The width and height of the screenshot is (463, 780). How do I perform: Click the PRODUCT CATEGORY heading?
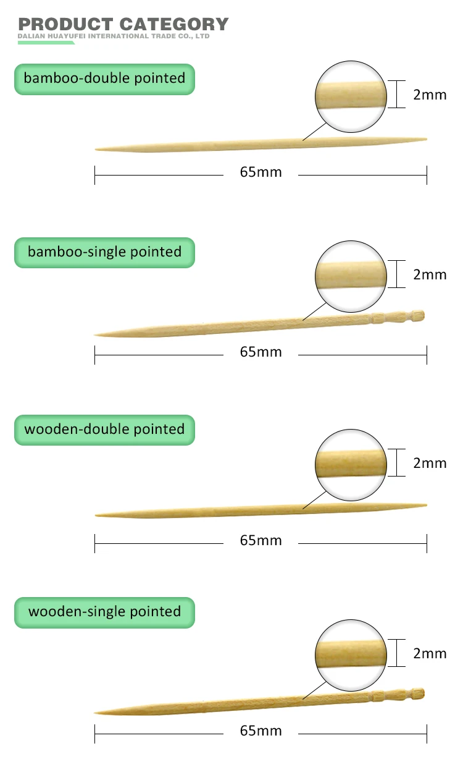point(123,24)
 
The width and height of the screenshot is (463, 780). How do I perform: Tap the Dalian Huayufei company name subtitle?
point(114,36)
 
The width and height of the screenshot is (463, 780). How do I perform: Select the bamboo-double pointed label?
point(104,78)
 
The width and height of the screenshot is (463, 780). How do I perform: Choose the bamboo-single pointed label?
point(104,252)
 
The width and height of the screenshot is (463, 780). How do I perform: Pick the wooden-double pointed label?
point(104,429)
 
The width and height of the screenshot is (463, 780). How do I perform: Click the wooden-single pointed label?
point(104,612)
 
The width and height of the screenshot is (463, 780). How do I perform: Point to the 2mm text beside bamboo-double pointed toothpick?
point(430,95)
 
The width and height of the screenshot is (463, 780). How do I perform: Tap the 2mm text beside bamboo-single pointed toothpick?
point(430,274)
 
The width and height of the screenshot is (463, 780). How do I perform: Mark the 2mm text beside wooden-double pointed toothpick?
point(430,463)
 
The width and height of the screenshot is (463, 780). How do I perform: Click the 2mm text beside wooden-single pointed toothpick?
point(430,653)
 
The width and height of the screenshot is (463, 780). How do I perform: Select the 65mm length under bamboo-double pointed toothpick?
point(261,172)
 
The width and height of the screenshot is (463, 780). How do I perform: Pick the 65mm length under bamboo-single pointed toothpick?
point(261,352)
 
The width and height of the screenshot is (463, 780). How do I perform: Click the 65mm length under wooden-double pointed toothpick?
point(261,540)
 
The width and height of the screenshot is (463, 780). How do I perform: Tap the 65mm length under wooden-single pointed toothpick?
point(261,731)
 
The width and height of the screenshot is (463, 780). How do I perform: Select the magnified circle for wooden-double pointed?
point(351,464)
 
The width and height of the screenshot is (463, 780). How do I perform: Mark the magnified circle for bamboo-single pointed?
point(351,276)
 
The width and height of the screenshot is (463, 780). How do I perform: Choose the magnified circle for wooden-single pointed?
point(351,654)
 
